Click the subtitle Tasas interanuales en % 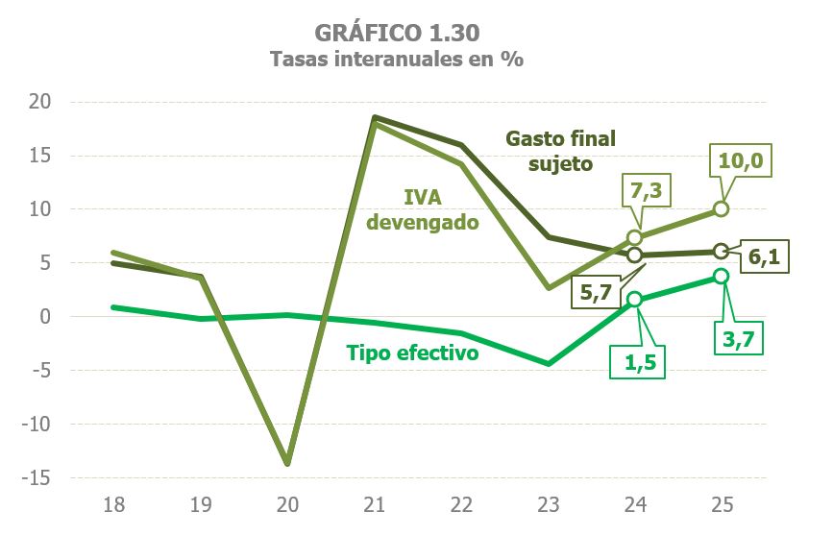point(397,60)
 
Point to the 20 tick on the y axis point(40,102)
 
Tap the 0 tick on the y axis point(45,317)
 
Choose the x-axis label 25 point(723,505)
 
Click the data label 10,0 point(740,160)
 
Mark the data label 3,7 point(736,336)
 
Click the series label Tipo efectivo point(411,353)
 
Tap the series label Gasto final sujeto point(560,151)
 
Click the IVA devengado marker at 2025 point(722,209)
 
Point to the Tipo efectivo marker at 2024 point(634,300)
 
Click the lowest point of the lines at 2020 point(286,463)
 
